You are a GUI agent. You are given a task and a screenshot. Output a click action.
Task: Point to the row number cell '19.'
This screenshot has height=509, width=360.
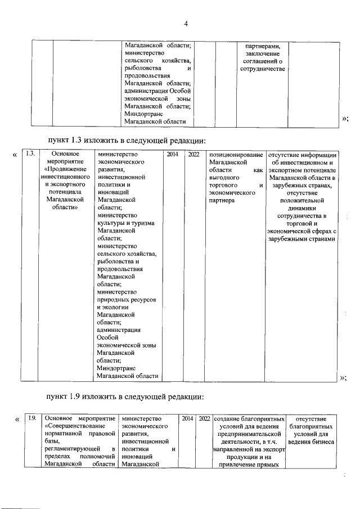33,418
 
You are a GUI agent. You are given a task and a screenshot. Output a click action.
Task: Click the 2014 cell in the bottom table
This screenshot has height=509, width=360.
187,418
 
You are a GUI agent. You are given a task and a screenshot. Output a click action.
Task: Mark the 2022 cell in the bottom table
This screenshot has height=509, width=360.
204,418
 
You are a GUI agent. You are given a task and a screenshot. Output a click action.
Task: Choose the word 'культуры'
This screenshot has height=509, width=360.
111,223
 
